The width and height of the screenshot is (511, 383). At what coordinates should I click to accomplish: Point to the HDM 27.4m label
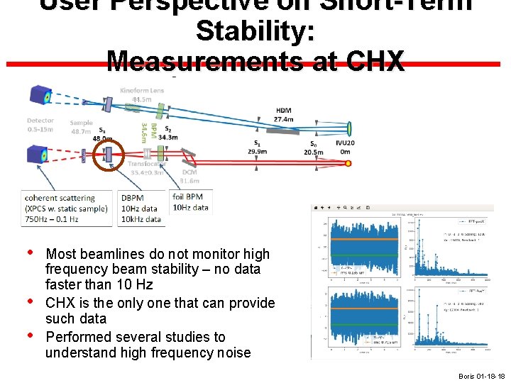point(284,115)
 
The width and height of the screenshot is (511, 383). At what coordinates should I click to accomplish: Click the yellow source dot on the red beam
point(348,163)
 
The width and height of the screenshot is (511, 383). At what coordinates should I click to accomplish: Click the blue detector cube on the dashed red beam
point(37,155)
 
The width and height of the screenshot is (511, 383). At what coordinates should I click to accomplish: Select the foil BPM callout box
point(191,201)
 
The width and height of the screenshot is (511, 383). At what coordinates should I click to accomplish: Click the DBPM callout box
point(141,208)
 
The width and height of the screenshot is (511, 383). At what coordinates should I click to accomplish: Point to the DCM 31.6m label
point(189,177)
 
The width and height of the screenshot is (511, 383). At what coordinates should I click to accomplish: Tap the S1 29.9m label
point(257,147)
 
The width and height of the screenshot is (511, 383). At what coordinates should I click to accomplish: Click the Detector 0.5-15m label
point(40,125)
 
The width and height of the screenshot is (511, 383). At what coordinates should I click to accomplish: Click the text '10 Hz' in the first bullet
point(136,284)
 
